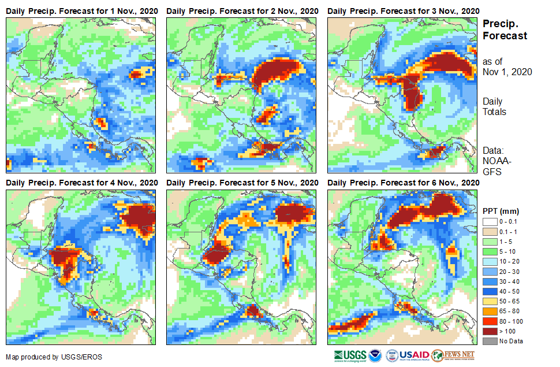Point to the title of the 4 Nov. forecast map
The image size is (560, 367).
pos(81,183)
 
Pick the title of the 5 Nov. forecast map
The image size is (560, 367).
pos(242,183)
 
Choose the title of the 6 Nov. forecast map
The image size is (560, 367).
pos(403,183)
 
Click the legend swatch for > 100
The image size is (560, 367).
pos(490,331)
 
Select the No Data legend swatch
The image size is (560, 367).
pos(490,341)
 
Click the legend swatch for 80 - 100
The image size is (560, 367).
pos(490,321)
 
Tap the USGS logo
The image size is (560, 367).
pos(350,355)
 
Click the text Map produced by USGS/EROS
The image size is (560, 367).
pos(54,357)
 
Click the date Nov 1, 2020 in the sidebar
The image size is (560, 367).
pos(507,72)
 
